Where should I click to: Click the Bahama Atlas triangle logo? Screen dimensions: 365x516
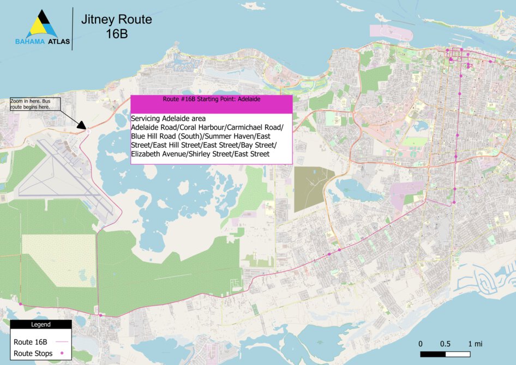(x=43, y=24)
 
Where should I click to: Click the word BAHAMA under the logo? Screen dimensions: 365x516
(x=30, y=42)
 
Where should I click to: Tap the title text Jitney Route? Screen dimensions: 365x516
(x=116, y=20)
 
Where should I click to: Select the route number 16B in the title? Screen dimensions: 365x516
(x=116, y=34)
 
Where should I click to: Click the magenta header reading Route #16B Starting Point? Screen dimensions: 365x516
(x=212, y=100)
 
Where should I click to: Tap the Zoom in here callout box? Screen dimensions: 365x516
(x=34, y=104)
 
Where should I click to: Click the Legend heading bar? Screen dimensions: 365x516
(x=40, y=324)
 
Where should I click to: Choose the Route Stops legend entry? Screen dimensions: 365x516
(x=33, y=354)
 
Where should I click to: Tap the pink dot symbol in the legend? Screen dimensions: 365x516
(x=62, y=354)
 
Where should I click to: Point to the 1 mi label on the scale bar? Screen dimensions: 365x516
(x=475, y=344)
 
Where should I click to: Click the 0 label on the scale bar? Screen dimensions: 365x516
(x=421, y=344)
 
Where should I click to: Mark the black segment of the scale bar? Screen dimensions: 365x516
(x=434, y=355)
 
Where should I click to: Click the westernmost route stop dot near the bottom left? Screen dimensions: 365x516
(x=21, y=304)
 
